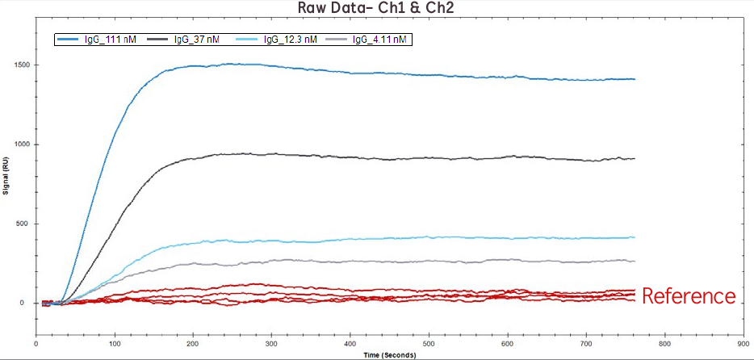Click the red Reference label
(x=689, y=296)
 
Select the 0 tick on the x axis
(x=37, y=342)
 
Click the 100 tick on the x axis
(x=115, y=342)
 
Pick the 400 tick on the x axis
(x=350, y=342)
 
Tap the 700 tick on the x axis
(x=584, y=342)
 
